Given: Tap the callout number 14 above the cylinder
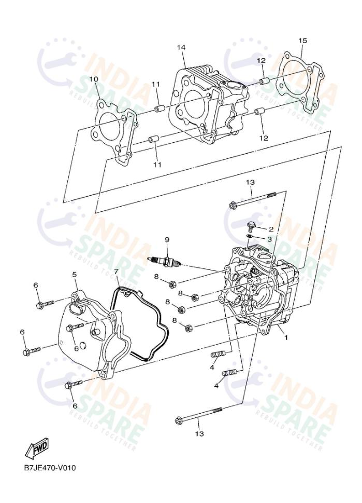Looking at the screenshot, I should coord(181,48).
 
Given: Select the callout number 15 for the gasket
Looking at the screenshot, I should coord(303,40).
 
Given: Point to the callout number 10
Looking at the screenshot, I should coord(93,79).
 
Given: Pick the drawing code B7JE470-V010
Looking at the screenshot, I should coord(50,468).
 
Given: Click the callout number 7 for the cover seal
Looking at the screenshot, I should coord(116,271).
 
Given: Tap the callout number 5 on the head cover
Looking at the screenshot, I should coord(75,274).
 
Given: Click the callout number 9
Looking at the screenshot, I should coord(167,239).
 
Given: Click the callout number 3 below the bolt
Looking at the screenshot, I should coord(270,239).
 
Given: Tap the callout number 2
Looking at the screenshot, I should coord(270,228).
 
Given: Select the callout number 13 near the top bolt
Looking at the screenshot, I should coord(250,182).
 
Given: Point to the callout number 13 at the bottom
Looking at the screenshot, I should coord(199,433).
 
